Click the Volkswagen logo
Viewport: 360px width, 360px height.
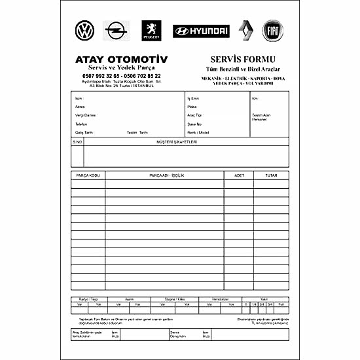(x=84, y=30)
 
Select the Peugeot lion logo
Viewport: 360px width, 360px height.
(x=151, y=30)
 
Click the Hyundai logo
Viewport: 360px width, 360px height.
(x=201, y=31)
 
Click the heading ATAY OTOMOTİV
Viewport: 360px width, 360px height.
(x=121, y=60)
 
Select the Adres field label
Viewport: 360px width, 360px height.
(x=80, y=107)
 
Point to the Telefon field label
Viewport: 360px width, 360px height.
(x=81, y=124)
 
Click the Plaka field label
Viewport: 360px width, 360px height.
(x=192, y=107)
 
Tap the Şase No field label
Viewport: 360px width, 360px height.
(x=194, y=124)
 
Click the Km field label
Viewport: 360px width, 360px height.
(x=255, y=98)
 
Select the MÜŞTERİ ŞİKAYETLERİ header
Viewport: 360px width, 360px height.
(x=177, y=141)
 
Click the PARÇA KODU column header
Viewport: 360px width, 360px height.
(x=88, y=175)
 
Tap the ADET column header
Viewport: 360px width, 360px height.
(x=239, y=175)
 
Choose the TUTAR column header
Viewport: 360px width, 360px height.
(x=271, y=175)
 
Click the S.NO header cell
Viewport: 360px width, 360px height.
(x=77, y=141)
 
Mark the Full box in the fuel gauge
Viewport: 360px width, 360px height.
(x=281, y=304)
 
